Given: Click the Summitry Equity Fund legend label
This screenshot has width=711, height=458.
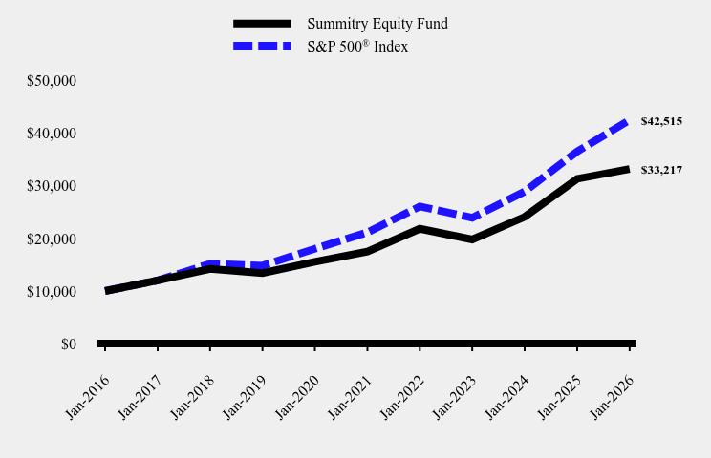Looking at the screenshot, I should click(377, 24).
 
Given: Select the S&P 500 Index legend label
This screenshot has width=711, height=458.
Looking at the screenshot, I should click(357, 46).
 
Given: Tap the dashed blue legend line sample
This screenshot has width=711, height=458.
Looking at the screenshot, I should click(261, 46).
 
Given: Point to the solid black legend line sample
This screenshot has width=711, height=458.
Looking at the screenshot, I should click(261, 24).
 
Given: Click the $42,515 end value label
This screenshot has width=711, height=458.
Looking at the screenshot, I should click(661, 121).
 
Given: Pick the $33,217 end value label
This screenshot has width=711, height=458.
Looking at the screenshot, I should click(661, 170).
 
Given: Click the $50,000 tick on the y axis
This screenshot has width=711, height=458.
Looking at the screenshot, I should click(52, 81).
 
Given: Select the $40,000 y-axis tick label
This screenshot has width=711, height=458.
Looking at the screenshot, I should click(52, 134).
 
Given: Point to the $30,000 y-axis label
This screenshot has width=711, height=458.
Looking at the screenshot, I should click(52, 186).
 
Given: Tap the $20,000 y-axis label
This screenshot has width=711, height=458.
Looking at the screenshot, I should click(52, 239).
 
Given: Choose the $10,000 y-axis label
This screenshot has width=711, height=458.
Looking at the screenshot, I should click(52, 291).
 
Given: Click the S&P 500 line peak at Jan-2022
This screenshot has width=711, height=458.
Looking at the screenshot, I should click(420, 206).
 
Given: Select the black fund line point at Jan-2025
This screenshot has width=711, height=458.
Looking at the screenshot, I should click(577, 178).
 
